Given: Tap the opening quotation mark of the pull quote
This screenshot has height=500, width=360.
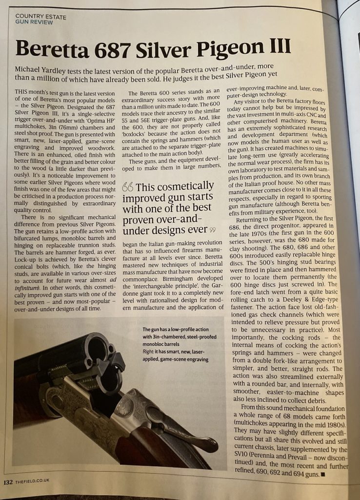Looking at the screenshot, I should click(x=128, y=187).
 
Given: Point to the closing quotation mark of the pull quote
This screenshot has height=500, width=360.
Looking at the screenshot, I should click(x=212, y=229).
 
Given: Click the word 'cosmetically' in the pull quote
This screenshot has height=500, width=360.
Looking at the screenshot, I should click(x=188, y=186).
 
